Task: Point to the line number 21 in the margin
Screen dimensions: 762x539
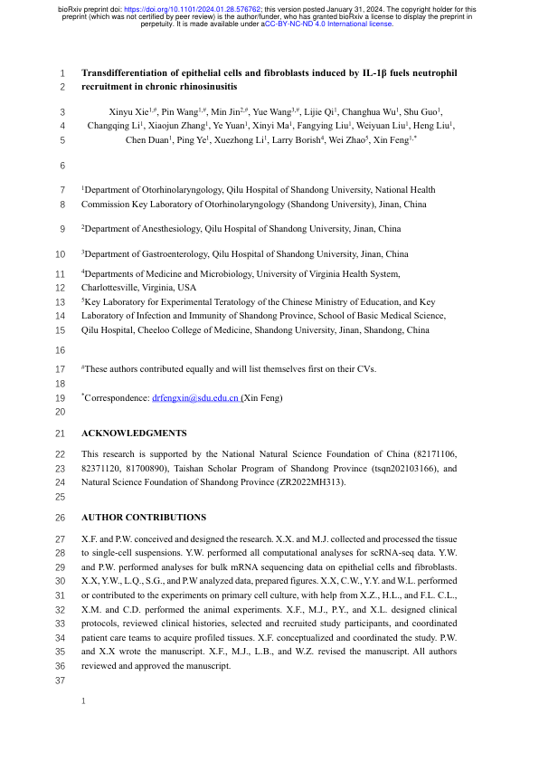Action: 61,433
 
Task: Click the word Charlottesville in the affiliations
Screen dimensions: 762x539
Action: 113,287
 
